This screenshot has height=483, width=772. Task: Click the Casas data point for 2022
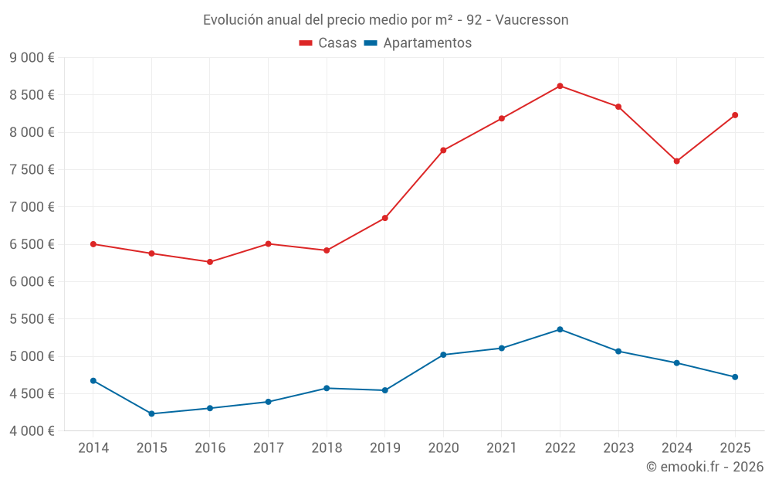click(x=560, y=86)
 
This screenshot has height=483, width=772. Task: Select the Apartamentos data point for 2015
click(x=151, y=413)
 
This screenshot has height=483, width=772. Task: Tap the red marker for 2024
click(x=676, y=162)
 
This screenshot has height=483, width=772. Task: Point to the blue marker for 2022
click(x=560, y=329)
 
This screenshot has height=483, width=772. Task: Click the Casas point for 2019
click(x=384, y=218)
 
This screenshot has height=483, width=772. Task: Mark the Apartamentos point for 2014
click(x=93, y=380)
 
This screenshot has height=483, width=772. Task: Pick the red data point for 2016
click(x=210, y=262)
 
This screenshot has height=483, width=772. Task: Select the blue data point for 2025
click(x=735, y=377)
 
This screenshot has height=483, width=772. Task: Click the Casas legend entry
click(x=328, y=43)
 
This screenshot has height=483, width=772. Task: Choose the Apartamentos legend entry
click(x=418, y=43)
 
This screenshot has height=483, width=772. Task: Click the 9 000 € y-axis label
click(x=32, y=58)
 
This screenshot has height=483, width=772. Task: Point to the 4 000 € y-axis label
click(x=32, y=430)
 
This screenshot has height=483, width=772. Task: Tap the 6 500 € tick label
click(x=32, y=244)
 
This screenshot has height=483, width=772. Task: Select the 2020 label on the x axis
click(x=443, y=447)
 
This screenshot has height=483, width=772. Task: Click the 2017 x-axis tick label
click(x=268, y=447)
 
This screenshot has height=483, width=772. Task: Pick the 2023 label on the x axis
click(x=618, y=447)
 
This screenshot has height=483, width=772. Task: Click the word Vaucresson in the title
click(x=532, y=20)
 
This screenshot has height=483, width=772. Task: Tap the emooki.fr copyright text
click(x=704, y=467)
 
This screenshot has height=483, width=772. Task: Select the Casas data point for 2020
click(x=443, y=150)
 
